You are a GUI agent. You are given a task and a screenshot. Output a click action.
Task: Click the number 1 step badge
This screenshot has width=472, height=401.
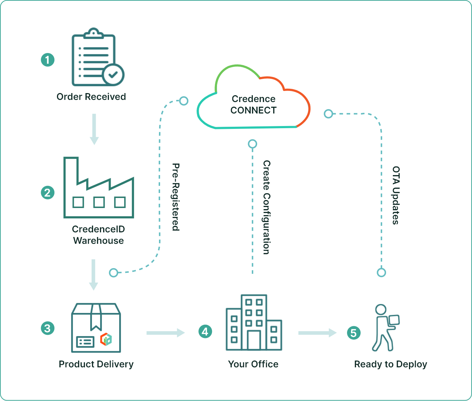(48, 60)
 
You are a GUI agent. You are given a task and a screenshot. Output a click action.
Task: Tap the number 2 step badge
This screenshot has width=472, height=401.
(48, 193)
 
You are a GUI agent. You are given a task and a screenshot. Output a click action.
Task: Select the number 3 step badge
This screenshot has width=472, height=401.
(48, 328)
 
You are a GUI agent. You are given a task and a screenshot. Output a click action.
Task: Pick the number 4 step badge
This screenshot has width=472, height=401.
(205, 332)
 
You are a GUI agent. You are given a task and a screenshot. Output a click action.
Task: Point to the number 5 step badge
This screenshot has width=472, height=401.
(353, 333)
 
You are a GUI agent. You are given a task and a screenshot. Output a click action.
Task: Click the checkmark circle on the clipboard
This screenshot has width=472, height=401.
(113, 75)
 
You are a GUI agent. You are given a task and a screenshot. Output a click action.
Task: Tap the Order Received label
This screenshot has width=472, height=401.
(91, 97)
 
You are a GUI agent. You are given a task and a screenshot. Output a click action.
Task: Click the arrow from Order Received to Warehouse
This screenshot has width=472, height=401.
(94, 129)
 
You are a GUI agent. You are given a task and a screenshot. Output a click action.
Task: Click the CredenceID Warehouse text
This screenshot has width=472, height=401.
(98, 235)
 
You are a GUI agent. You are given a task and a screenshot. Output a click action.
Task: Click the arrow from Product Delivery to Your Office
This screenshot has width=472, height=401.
(165, 333)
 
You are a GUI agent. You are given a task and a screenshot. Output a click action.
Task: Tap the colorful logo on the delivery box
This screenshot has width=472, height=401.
(106, 339)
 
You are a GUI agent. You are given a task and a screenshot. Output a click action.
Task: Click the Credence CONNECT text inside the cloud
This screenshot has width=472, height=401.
(254, 105)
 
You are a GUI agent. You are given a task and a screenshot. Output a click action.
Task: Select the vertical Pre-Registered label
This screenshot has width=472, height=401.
(175, 197)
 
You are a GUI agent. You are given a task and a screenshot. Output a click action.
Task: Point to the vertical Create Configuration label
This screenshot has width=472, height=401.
(266, 207)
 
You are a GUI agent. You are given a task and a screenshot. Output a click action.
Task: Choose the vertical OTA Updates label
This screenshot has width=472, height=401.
(396, 195)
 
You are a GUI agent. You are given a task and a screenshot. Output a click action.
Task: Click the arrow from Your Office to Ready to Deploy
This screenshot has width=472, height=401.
(317, 333)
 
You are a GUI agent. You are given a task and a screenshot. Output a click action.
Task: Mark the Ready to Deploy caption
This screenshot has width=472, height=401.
(390, 364)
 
